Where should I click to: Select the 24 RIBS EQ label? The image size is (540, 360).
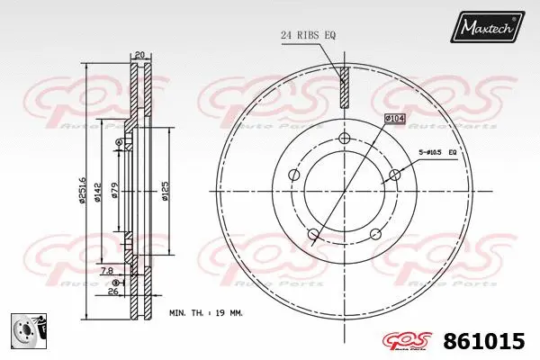coord(308,35)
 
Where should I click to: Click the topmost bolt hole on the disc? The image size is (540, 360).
coord(344,138)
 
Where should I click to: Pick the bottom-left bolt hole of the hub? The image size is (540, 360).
coord(313,236)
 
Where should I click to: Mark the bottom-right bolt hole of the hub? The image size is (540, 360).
coord(376,235)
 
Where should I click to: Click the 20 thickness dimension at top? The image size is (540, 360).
coord(139,54)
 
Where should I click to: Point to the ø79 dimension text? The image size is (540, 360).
coord(115,191)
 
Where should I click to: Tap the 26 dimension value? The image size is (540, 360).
coord(112,292)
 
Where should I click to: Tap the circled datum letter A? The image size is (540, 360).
coord(121,141)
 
